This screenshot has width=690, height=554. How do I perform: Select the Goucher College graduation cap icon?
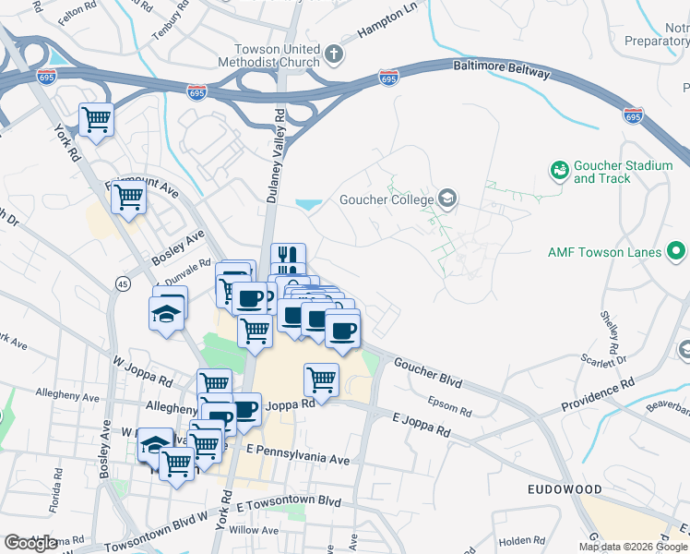(x=447, y=199)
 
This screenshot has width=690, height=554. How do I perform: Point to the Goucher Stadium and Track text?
(x=623, y=172)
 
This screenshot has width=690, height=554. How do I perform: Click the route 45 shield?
(x=122, y=282)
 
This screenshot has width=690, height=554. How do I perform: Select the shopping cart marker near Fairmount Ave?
(x=129, y=196)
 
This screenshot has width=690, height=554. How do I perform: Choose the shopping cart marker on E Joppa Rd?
(x=321, y=379)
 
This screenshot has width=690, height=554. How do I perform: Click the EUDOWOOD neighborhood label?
(x=565, y=488)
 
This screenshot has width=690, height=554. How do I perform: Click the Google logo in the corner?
(x=31, y=542)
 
